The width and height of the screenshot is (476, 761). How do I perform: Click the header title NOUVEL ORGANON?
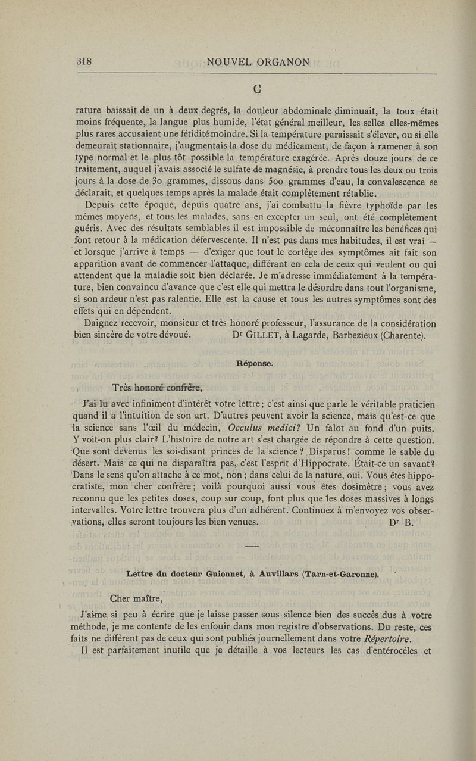click(258, 62)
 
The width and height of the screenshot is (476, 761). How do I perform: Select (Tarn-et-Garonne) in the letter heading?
click(340, 574)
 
